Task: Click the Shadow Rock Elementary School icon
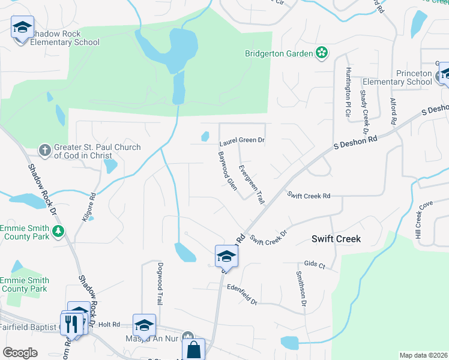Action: coord(22,28)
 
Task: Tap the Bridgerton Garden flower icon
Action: coord(322,53)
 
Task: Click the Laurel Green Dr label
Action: coord(242,142)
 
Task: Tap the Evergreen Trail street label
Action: coord(251,184)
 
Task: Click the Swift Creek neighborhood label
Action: coord(336,239)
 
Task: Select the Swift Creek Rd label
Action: coord(309,196)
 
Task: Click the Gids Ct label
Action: coord(315,265)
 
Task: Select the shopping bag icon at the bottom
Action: coord(193,349)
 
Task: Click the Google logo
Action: coord(20,353)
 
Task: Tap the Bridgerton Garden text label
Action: coord(279,53)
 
